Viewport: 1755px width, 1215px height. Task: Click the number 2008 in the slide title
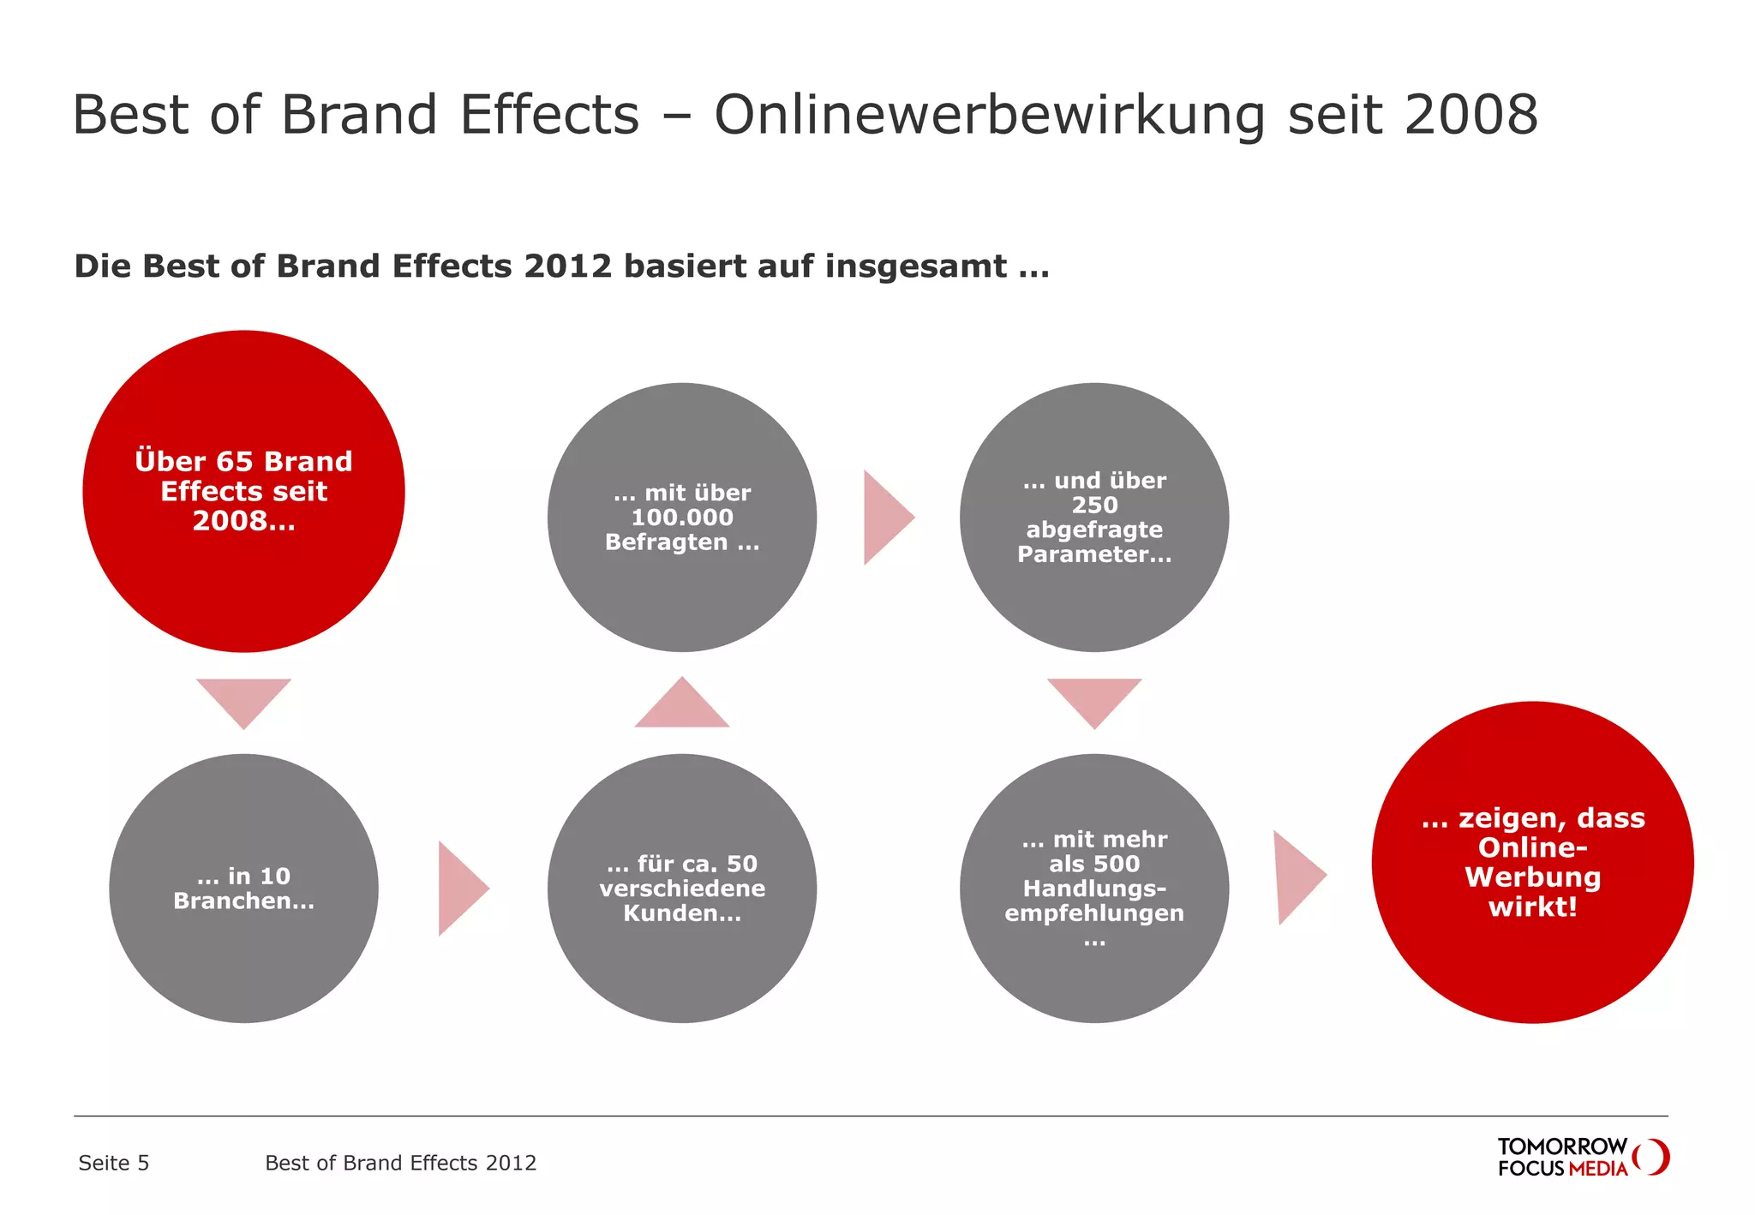[x=1470, y=115]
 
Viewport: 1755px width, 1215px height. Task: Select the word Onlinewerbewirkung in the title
[x=989, y=115]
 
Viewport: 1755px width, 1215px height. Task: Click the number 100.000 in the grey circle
[x=682, y=518]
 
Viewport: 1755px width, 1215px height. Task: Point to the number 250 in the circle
[x=1094, y=506]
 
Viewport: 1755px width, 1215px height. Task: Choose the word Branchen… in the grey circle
[x=243, y=901]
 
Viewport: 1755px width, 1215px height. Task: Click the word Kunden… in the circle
[x=682, y=913]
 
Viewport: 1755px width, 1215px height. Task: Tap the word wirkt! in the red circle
[x=1532, y=907]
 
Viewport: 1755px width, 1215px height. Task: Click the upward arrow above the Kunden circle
[x=682, y=706]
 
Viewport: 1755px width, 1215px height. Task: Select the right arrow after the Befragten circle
[x=885, y=518]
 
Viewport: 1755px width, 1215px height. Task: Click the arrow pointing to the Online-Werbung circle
[x=1297, y=877]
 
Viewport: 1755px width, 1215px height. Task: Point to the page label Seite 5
[x=113, y=1163]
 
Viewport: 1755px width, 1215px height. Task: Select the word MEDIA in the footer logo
[x=1597, y=1169]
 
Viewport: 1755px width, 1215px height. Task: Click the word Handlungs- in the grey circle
[x=1094, y=889]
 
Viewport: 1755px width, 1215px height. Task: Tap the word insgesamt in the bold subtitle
[x=916, y=266]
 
